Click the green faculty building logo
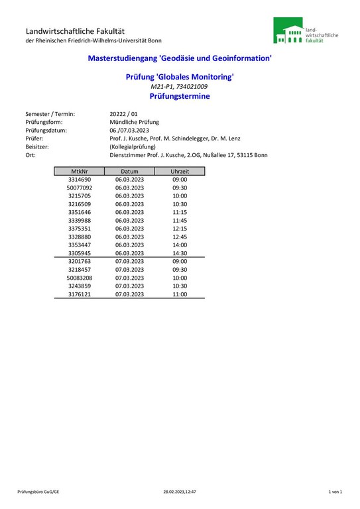point(288,31)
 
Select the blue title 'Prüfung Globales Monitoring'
point(180,77)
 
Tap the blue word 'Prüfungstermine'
point(180,96)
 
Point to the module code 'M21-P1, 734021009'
point(180,87)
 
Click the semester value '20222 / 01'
point(124,114)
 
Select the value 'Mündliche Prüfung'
point(134,122)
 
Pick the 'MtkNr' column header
point(80,171)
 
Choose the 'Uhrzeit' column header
point(180,171)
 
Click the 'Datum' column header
point(129,171)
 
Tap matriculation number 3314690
point(80,180)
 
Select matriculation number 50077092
point(80,188)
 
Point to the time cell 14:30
point(180,253)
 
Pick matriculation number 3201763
point(80,262)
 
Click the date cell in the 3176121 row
point(129,294)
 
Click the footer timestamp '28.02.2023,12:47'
point(180,492)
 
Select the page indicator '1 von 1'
point(335,492)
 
